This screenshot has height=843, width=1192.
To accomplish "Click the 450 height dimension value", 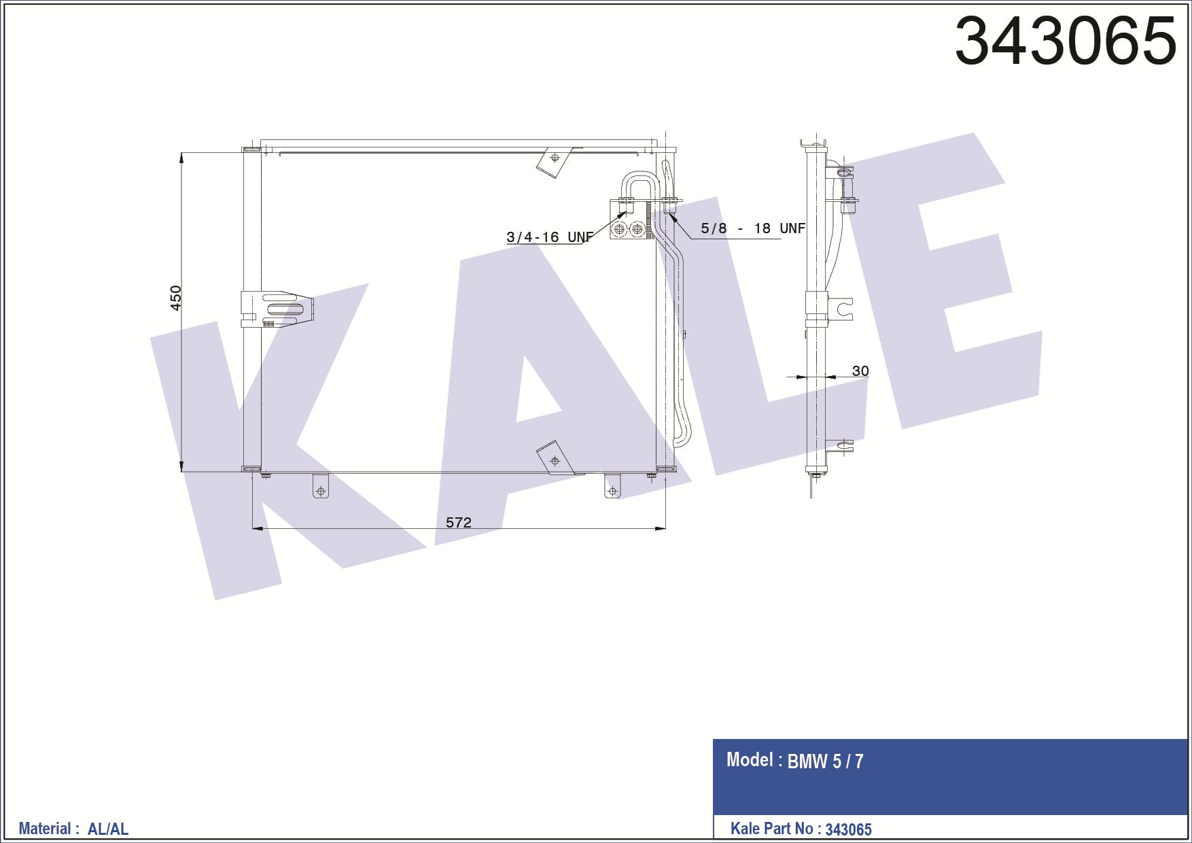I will (175, 298).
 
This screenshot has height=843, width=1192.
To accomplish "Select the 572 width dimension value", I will (458, 522).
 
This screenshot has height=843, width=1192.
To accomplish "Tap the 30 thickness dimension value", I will (860, 371).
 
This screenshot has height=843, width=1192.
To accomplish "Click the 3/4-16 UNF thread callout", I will (549, 237).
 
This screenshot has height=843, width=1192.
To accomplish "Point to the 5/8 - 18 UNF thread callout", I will (752, 228).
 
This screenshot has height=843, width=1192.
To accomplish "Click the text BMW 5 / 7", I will (825, 761).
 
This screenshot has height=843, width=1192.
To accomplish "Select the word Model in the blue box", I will (750, 759).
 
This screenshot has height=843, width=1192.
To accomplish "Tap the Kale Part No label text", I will (771, 829).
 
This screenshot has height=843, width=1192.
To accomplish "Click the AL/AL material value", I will (108, 829).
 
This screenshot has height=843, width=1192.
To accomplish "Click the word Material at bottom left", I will (45, 829).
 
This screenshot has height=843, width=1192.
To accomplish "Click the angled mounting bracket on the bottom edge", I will (555, 459).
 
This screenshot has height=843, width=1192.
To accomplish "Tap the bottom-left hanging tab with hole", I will (321, 487).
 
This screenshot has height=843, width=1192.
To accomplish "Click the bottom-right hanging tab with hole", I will (612, 487).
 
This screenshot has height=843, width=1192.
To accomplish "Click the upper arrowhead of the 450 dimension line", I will (181, 158).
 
